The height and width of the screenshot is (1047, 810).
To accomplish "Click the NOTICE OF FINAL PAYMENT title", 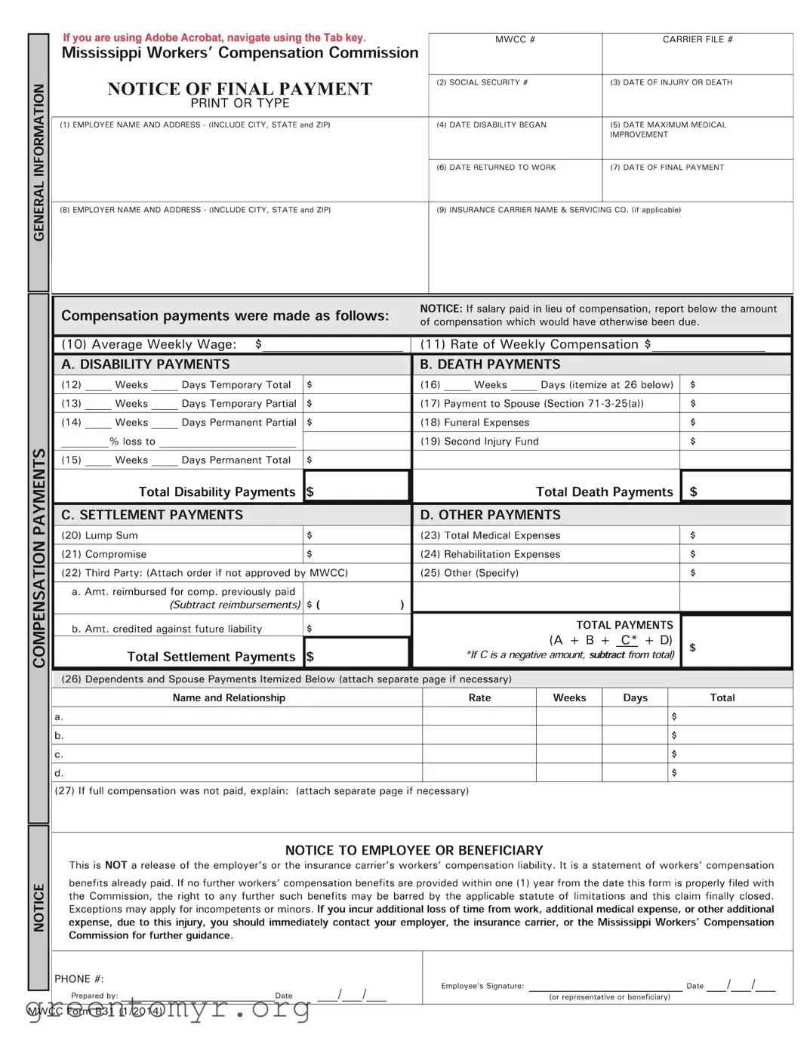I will (x=239, y=89).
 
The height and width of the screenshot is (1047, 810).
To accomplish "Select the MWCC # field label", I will (x=515, y=39).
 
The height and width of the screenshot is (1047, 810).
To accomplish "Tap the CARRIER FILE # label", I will (x=697, y=39).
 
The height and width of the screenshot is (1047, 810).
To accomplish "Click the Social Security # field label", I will (x=482, y=82).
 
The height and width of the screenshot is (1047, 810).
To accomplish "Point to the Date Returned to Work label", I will (x=495, y=168).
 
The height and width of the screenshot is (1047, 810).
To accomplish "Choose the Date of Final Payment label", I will (x=667, y=168).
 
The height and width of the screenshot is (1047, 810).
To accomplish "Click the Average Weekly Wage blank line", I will (x=332, y=345).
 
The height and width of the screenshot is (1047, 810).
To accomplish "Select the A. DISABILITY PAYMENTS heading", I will (x=145, y=365).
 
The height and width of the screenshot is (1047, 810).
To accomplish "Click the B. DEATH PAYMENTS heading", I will (x=490, y=365).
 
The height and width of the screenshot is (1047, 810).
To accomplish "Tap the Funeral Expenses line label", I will (x=475, y=423).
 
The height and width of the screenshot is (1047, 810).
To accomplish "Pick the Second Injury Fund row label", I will (x=479, y=442).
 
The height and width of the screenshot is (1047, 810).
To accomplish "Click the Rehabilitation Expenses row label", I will (x=490, y=554).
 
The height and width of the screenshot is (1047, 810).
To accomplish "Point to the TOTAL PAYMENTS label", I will (x=624, y=625).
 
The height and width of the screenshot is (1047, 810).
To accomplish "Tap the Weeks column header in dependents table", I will (x=569, y=697).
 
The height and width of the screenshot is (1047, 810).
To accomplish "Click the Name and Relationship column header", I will (x=229, y=697).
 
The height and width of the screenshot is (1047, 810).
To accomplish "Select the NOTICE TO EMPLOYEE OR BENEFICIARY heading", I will (x=414, y=850).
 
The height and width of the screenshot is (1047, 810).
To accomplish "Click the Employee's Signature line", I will (x=605, y=985).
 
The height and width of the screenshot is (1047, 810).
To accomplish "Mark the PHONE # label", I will (x=79, y=978).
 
